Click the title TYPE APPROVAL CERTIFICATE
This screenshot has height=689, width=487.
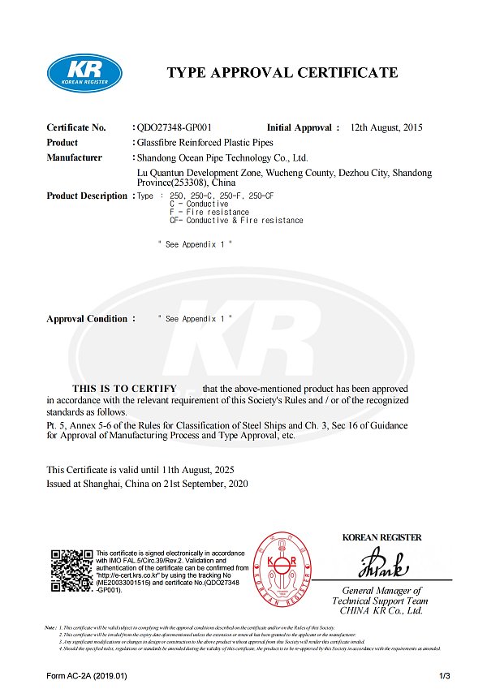pos(282,73)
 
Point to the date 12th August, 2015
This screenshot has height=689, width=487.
pos(386,127)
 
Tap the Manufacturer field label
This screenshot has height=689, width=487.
pos(75,157)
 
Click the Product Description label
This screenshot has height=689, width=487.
pos(87,196)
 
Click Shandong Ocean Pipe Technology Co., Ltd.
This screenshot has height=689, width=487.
pos(222,157)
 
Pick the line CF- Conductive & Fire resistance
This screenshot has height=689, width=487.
pos(231,221)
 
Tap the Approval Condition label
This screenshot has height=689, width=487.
pos(87,319)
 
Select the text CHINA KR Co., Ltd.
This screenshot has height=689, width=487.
pos(382,610)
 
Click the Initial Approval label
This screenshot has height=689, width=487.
pos(300,127)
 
